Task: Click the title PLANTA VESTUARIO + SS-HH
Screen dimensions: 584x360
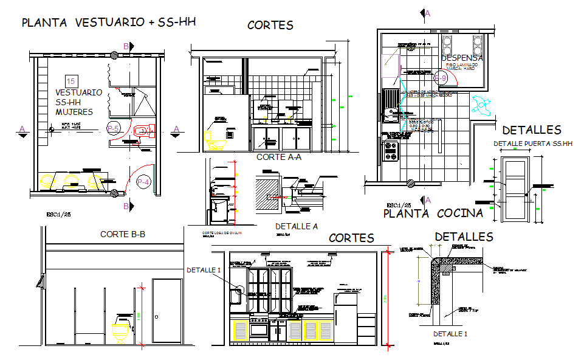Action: tap(108, 23)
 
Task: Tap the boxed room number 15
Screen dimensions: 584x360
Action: tap(71, 81)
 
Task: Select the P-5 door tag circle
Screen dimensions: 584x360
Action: tap(113, 128)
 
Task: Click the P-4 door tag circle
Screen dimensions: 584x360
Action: tap(143, 181)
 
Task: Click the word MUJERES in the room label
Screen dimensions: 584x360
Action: tap(74, 112)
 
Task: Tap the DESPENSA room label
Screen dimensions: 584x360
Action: tap(462, 58)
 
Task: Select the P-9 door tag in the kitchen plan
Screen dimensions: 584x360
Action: tap(440, 78)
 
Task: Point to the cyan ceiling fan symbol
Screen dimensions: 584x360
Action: tap(483, 105)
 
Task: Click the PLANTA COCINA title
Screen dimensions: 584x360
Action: tap(433, 213)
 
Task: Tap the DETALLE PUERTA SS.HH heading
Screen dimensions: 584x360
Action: tap(533, 144)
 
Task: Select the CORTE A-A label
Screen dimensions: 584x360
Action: tap(278, 157)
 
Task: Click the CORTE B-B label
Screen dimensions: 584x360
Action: tap(122, 234)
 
